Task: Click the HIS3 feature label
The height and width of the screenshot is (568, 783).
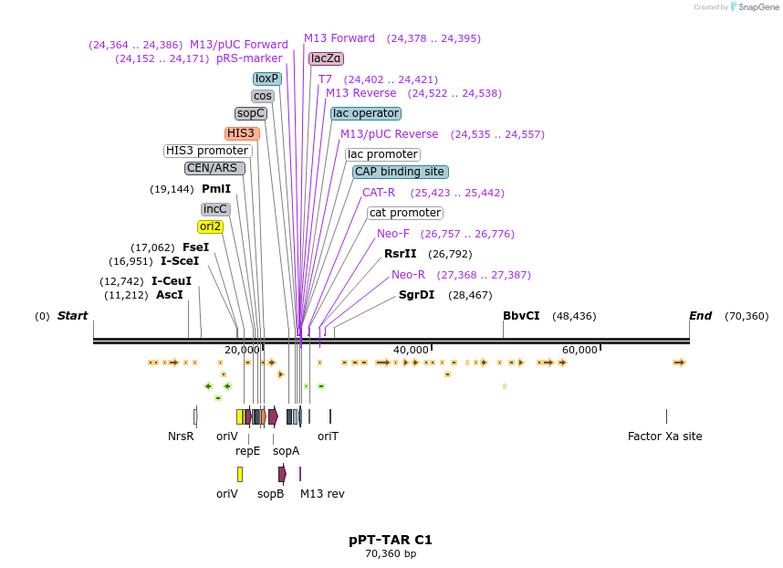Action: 242,133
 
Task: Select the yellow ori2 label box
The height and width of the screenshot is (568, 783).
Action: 210,226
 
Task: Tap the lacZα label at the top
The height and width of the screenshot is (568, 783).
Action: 326,58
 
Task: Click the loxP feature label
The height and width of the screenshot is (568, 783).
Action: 266,79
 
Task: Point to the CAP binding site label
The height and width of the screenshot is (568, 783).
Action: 400,172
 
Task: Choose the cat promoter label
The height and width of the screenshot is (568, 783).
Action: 405,213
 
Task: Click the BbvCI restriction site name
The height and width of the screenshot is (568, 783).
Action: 521,316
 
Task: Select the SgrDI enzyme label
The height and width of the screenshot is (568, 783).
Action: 416,295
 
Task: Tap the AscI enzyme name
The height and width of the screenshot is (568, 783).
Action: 170,295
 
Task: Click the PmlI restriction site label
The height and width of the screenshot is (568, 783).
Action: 216,189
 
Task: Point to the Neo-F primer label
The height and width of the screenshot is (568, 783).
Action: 393,234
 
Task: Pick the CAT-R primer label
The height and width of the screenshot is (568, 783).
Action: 379,193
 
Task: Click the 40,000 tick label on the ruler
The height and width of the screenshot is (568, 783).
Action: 411,350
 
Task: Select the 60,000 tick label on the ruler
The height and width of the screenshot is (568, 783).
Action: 579,350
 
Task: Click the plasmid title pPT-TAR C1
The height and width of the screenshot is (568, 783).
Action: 391,540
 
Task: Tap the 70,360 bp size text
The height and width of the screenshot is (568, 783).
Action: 391,553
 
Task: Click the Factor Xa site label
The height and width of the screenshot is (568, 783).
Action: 665,437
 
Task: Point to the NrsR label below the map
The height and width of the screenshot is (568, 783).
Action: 181,437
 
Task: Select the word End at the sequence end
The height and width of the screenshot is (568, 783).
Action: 700,316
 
